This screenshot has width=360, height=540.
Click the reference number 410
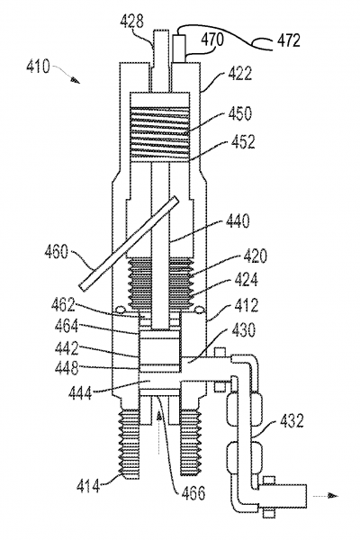tap(38, 66)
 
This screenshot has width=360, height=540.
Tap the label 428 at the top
tap(131, 22)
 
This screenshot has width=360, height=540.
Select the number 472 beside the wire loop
tap(289, 40)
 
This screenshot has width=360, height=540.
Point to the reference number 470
tap(212, 40)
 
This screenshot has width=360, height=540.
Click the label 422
tap(239, 74)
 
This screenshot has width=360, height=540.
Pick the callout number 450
tap(239, 113)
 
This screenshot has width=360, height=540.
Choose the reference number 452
tap(243, 142)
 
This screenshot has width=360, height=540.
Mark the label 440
tap(238, 220)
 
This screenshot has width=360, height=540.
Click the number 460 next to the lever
tap(57, 251)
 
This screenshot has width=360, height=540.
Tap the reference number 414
tap(88, 486)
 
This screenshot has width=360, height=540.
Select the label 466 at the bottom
tap(193, 493)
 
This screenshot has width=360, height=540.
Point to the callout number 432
tap(292, 420)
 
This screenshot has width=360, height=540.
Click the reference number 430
tap(244, 330)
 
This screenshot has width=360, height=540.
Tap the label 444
tap(80, 392)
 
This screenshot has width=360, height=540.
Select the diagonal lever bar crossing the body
tap(129, 243)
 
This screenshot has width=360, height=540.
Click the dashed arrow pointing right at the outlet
tap(325, 496)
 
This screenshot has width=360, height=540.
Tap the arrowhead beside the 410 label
tap(76, 80)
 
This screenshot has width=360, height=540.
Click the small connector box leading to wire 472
tap(179, 48)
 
